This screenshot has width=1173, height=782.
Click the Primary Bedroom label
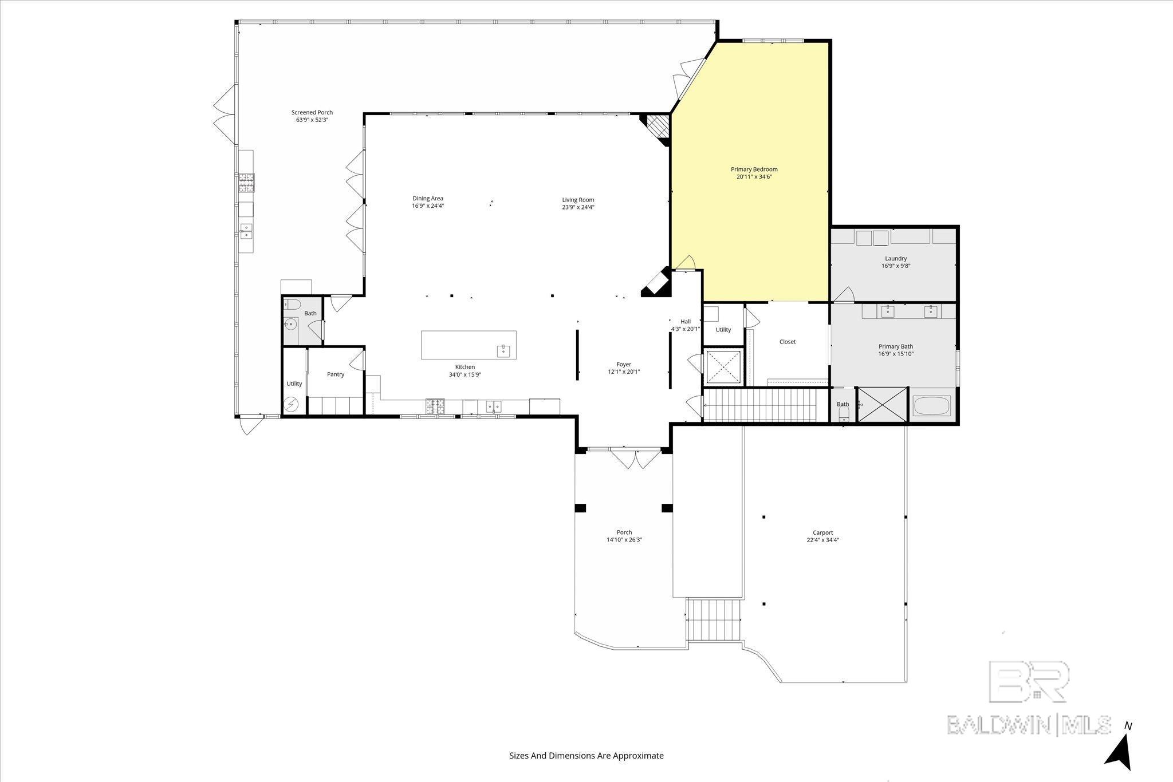click(x=754, y=169)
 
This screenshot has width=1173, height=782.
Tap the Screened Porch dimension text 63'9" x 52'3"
click(x=312, y=120)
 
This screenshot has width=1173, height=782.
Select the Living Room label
click(x=578, y=200)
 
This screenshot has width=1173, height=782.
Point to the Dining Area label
click(x=428, y=199)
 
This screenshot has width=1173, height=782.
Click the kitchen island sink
click(x=503, y=350)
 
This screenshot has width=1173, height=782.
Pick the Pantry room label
click(x=336, y=374)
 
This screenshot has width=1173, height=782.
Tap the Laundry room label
click(x=895, y=259)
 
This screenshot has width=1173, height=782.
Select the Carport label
click(x=822, y=532)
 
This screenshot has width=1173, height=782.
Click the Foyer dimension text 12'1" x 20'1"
click(x=624, y=372)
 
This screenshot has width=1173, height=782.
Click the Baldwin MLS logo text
click(x=1029, y=725)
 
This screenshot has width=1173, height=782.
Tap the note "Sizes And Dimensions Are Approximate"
click(x=586, y=756)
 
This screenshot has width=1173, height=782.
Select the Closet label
click(x=788, y=342)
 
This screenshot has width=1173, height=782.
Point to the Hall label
click(x=686, y=322)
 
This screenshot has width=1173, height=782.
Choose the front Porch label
click(x=624, y=532)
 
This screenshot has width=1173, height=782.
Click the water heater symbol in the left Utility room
click(x=292, y=405)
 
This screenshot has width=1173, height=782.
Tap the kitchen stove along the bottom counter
click(x=434, y=406)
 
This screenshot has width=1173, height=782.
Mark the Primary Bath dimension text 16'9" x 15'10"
click(x=896, y=354)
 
